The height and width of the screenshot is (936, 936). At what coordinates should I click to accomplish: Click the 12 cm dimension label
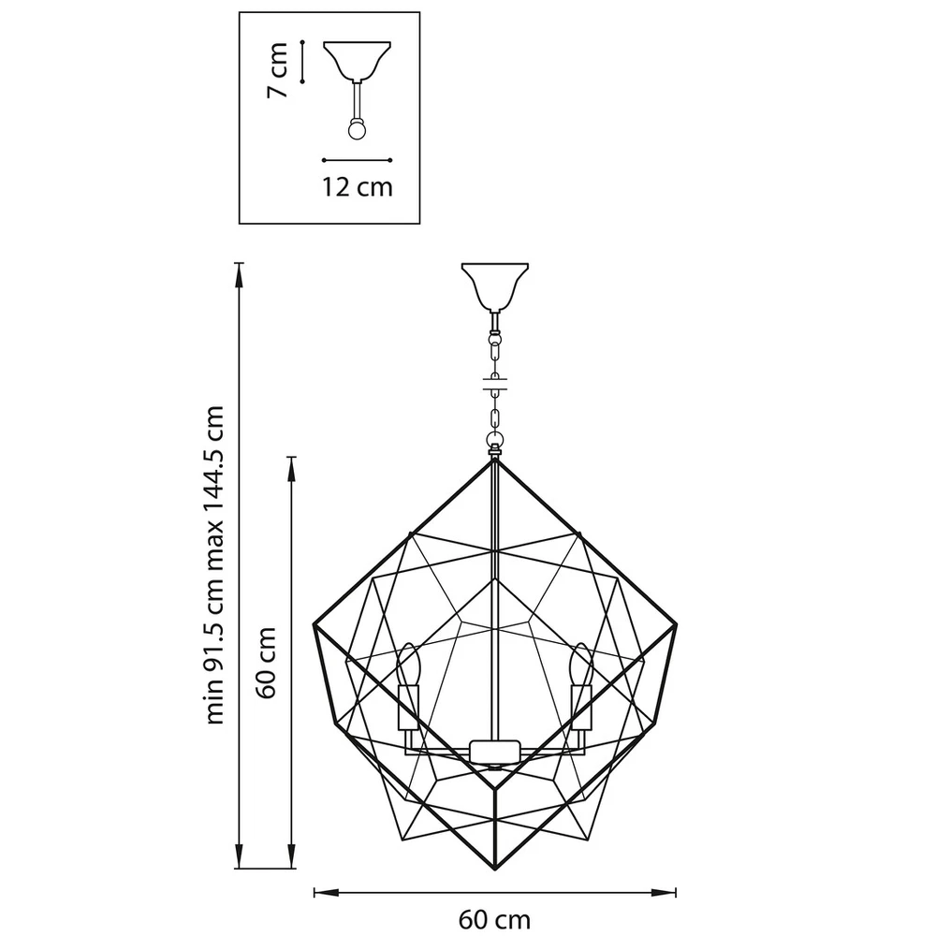(x=357, y=186)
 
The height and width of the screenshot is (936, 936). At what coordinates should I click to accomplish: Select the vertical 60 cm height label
(x=269, y=662)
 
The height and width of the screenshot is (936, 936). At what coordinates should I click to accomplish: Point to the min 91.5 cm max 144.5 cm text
(x=217, y=565)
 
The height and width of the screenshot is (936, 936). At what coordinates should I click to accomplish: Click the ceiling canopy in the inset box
(x=356, y=59)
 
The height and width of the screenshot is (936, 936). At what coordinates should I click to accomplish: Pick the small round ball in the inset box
(x=356, y=129)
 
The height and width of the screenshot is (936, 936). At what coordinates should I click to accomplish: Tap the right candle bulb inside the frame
(x=580, y=666)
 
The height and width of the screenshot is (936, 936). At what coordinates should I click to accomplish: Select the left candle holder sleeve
(x=406, y=708)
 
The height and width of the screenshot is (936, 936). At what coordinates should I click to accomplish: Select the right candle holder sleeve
(x=580, y=708)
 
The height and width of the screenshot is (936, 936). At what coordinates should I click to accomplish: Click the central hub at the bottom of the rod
(x=493, y=750)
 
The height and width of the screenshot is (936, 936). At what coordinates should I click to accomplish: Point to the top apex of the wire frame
(x=493, y=459)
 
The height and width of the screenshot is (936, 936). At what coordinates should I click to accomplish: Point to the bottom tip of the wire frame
(x=493, y=870)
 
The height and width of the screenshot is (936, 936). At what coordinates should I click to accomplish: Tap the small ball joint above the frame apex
(x=493, y=439)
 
